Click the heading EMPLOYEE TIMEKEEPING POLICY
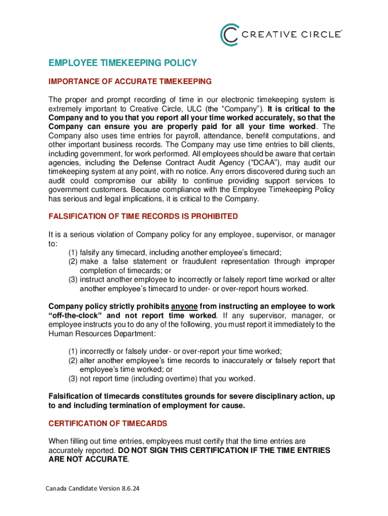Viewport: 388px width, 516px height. [x=122, y=63]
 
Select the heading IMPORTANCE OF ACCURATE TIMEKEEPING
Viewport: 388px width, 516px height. [x=130, y=82]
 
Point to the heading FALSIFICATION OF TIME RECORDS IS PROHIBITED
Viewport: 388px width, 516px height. [x=143, y=216]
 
